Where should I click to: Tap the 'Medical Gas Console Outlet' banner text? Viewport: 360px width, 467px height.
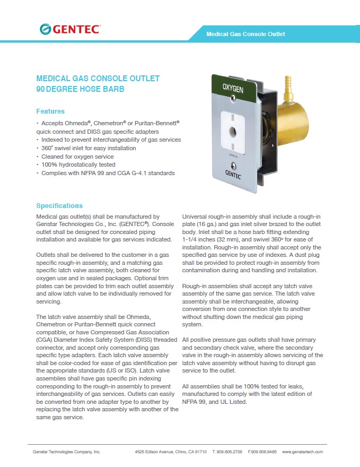click(x=245, y=34)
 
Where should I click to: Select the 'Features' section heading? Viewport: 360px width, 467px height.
click(x=50, y=111)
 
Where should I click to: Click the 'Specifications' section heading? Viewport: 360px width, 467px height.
click(x=59, y=206)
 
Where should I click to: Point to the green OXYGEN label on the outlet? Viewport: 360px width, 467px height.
click(x=232, y=88)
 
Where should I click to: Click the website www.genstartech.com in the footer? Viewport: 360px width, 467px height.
click(x=302, y=452)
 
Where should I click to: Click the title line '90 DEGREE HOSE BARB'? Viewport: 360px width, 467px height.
click(x=80, y=90)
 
